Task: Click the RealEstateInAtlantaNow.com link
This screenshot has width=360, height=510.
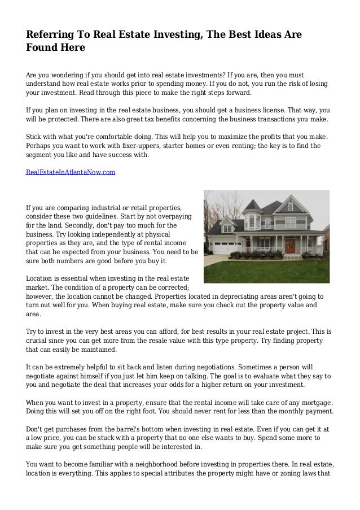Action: (x=71, y=171)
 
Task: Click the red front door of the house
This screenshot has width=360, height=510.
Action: (x=290, y=244)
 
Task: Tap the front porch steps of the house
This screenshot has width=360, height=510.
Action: (x=289, y=254)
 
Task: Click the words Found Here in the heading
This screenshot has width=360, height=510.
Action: (x=55, y=49)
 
